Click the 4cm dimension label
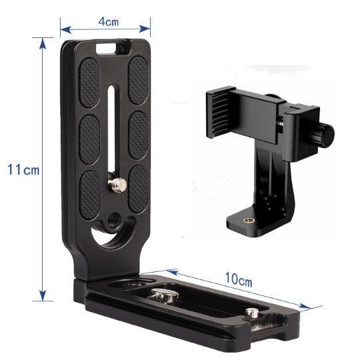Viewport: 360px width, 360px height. click(109, 22)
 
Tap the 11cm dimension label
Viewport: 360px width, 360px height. click(23, 170)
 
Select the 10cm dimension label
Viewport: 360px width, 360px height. click(239, 279)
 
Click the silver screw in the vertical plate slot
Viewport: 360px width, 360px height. click(117, 184)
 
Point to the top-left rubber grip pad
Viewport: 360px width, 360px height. click(89, 83)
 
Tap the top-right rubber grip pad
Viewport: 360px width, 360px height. click(138, 80)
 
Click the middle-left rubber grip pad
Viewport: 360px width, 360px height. click(89, 139)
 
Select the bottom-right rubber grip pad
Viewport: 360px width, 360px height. click(139, 189)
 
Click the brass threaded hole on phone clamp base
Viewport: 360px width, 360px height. click(247, 221)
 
